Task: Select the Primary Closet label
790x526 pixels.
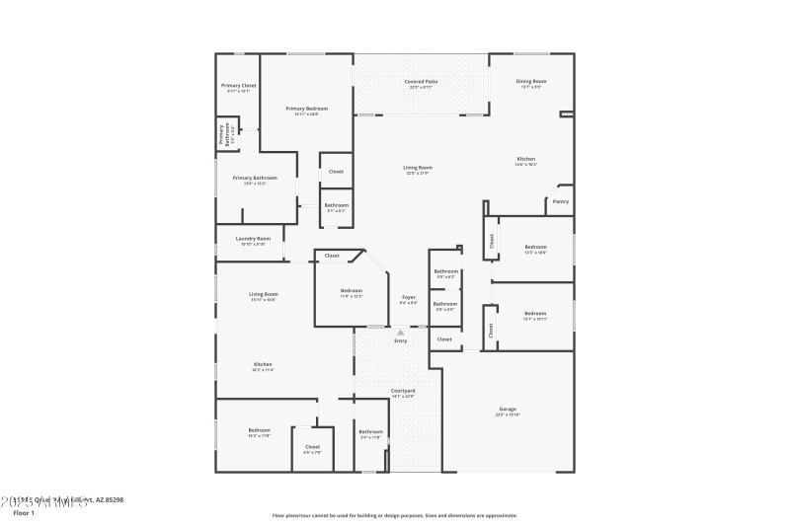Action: coord(238,86)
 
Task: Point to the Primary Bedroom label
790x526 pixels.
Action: coord(307,109)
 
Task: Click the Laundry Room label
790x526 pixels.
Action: coord(253,239)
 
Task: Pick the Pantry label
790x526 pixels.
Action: coord(560,201)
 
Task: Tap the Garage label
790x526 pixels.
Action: coord(508,409)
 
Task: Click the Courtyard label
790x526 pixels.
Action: coord(403,391)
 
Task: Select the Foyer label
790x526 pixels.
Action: coord(408,297)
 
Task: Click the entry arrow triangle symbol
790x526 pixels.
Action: coord(401,333)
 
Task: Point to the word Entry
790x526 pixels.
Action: coord(401,340)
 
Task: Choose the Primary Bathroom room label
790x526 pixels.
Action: coord(256,178)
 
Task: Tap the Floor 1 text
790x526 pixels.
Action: coord(24,513)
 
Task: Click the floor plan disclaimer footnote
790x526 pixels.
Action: coord(394,515)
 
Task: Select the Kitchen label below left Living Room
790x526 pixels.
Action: coord(264,364)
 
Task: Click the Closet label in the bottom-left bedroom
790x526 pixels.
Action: coord(312,446)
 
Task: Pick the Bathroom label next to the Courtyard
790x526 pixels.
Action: coord(370,431)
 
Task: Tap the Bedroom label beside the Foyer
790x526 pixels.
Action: coord(352,290)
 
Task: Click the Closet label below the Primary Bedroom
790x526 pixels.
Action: coord(336,171)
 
